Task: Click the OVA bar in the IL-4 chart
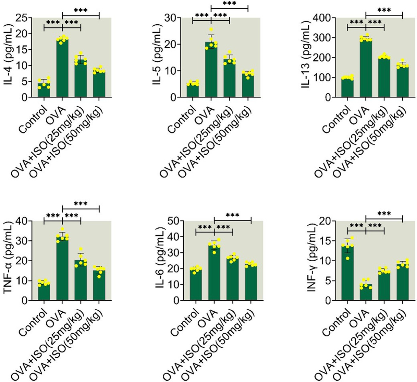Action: click(62, 69)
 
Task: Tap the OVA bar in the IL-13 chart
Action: click(366, 69)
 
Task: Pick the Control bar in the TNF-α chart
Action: click(44, 292)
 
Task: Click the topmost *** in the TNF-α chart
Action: click(81, 204)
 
